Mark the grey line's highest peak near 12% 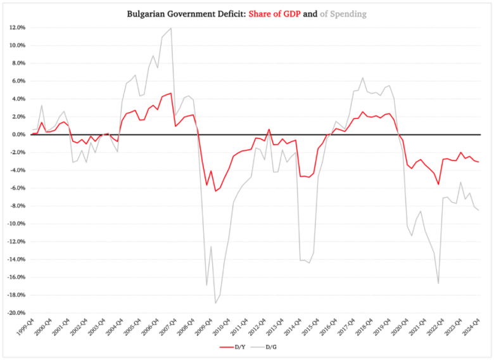tap(170, 28)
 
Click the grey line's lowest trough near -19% tap(215, 303)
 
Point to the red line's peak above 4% tap(170, 93)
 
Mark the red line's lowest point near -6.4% tap(215, 191)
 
